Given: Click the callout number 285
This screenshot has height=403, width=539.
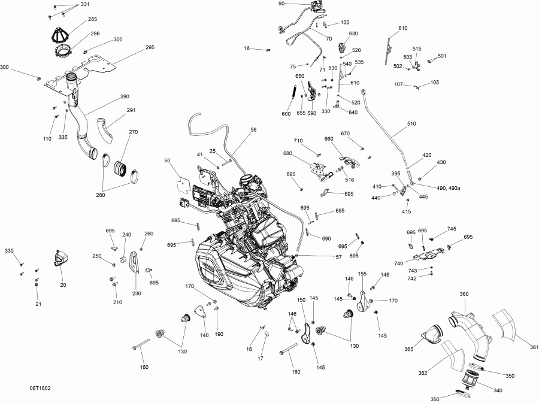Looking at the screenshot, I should (93, 19).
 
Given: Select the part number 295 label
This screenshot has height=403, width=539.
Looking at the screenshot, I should (150, 47).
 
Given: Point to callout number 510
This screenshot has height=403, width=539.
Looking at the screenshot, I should (411, 125).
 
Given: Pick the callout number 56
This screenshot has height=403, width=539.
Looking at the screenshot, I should (253, 129).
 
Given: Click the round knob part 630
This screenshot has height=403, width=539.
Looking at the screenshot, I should (343, 46).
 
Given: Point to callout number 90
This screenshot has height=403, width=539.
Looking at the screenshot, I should (281, 4).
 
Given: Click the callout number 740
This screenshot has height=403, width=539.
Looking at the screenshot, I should (398, 263).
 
